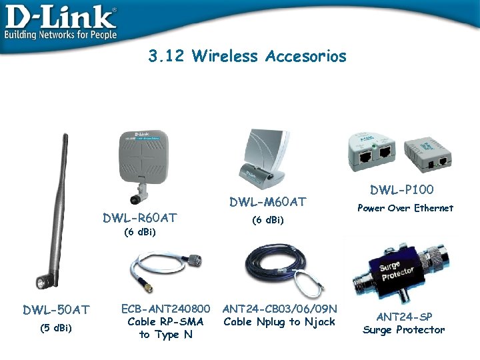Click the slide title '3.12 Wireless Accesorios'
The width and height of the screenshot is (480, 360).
[247, 56]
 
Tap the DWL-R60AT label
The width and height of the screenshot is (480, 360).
[139, 217]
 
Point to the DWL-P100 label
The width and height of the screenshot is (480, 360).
[402, 191]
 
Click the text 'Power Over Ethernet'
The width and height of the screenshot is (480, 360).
[405, 208]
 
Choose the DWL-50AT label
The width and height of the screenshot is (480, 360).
[56, 309]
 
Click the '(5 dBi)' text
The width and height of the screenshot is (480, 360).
[56, 327]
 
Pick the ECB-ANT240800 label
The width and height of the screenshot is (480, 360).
[165, 309]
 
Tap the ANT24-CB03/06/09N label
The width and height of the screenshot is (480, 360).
[280, 309]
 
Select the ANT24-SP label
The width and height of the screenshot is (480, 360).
[404, 315]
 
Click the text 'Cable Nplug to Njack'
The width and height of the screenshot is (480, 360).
[279, 323]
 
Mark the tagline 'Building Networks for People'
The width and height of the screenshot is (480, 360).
[60, 34]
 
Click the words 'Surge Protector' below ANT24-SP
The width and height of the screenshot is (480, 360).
[404, 329]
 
